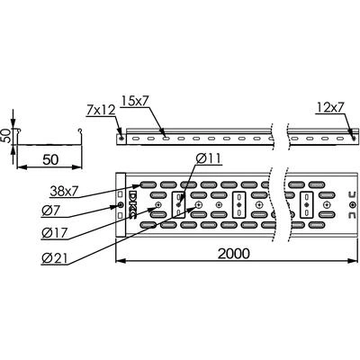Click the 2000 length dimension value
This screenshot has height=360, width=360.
tap(233, 254)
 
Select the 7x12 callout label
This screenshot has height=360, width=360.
tap(101, 111)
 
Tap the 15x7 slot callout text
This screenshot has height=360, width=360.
tap(135, 102)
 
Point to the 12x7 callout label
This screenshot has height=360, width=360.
tap(329, 107)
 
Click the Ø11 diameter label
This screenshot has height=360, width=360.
tap(209, 158)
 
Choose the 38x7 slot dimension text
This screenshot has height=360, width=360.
tap(64, 191)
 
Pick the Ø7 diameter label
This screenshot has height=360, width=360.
tap(50, 211)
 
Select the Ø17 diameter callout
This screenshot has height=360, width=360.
tap(55, 233)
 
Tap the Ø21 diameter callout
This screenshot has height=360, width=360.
tap(55, 258)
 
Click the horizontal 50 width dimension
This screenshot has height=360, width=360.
tap(50, 160)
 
